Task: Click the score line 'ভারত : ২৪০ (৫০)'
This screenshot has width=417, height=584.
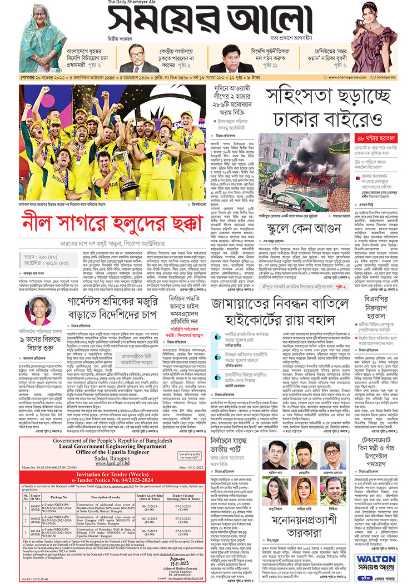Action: pos(39,257)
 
